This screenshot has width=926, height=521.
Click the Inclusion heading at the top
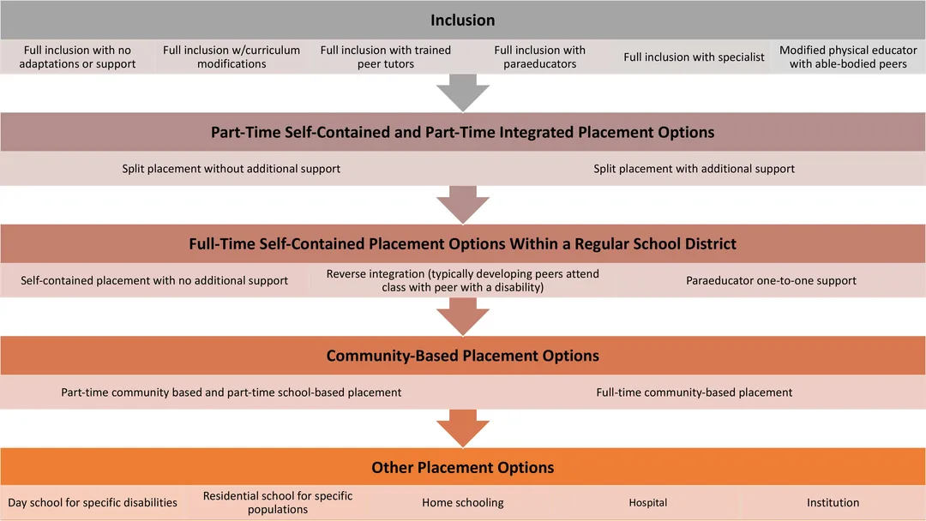pos(462,20)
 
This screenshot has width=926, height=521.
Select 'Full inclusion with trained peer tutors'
pos(386,57)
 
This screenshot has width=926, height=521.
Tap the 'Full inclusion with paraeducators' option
pos(540,57)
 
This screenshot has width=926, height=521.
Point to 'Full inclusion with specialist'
pos(694,57)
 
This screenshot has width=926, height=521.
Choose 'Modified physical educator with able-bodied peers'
pos(848,57)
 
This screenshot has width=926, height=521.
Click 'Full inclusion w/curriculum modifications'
pos(231,57)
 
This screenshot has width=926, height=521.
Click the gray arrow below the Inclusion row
pos(463,93)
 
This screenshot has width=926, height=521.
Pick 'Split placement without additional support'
pos(231,169)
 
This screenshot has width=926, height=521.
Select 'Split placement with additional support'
pos(694,169)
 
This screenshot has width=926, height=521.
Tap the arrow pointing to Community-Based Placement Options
pos(463,316)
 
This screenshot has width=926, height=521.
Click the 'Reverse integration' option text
pos(462,280)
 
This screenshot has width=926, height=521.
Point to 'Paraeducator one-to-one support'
pos(771,281)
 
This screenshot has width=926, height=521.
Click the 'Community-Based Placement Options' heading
pos(462,356)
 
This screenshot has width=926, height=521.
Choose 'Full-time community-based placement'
pos(694,392)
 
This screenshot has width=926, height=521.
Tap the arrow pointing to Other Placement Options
pos(463,428)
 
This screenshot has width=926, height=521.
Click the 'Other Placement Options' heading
pos(462,467)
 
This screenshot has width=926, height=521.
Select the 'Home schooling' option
pos(462,503)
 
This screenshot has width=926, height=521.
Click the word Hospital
pos(648,503)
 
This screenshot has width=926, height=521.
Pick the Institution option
pos(833,503)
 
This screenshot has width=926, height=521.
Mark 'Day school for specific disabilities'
pos(92,503)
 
